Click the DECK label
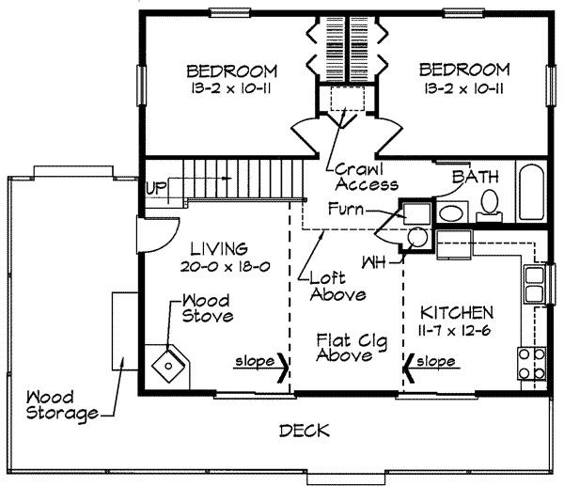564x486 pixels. [x=305, y=431]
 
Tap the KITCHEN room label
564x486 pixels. [x=457, y=313]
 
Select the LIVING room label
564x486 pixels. [x=219, y=248]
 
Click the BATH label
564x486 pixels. [x=476, y=177]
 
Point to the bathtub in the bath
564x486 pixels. [x=531, y=192]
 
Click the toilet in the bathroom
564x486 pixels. [x=489, y=206]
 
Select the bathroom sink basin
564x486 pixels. [x=452, y=213]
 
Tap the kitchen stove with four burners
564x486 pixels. [x=532, y=364]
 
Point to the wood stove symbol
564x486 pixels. [x=168, y=366]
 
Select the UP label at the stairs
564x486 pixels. [x=156, y=188]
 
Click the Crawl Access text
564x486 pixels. [x=367, y=177]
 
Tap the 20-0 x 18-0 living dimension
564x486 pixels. [x=226, y=267]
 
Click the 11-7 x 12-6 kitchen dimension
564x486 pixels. [x=455, y=330]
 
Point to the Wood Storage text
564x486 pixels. [x=62, y=406]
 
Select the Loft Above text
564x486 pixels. [x=337, y=287]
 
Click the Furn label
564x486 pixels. [x=346, y=209]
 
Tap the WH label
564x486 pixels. [x=373, y=262]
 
